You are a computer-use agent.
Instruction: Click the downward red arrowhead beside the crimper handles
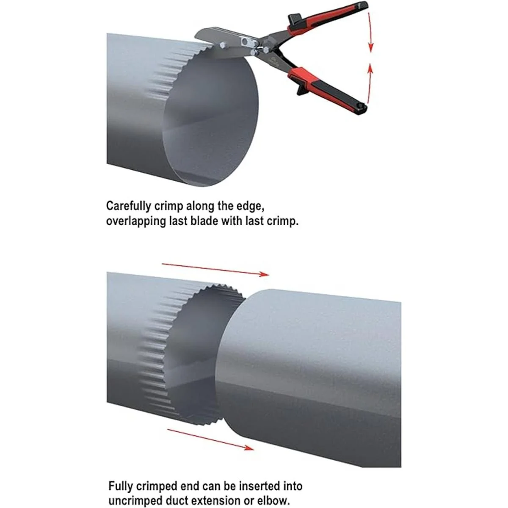371,47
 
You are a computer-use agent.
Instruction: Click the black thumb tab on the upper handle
295,19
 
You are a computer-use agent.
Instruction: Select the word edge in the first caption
249,207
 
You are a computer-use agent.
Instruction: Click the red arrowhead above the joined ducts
264,274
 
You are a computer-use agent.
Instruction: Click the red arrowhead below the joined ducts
249,447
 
